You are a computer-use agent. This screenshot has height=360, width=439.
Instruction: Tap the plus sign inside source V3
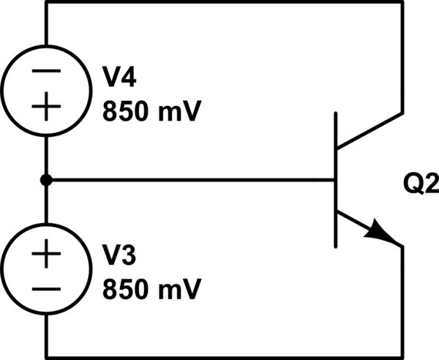[46, 255]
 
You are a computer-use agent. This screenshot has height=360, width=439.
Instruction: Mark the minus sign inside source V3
[46, 290]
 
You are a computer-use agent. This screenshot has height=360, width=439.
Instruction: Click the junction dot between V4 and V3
[46, 179]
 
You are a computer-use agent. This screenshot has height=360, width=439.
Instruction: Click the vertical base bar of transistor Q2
[336, 179]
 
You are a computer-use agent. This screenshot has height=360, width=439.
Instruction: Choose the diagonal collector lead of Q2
[369, 132]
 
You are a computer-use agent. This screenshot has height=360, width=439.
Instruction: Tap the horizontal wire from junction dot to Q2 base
[190, 179]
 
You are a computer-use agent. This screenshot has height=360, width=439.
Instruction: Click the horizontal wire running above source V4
[219, 2]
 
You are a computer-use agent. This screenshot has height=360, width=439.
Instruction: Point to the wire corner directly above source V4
[46, 2]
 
